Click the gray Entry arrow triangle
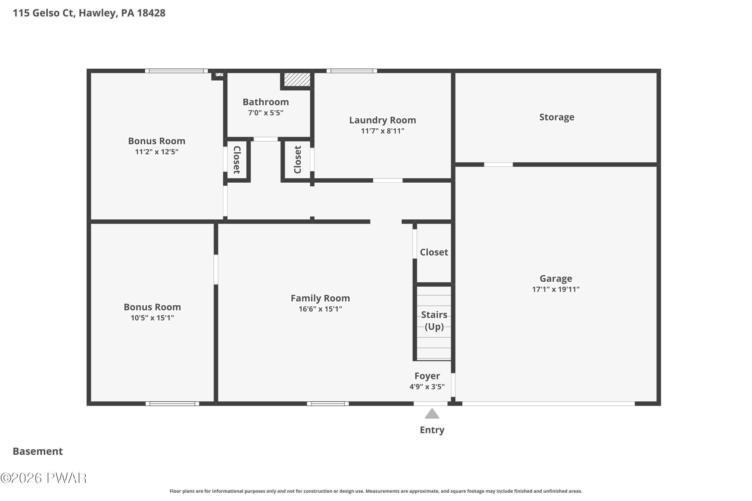pyautogui.click(x=432, y=414)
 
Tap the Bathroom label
pyautogui.click(x=266, y=102)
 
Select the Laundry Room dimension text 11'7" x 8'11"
pyautogui.click(x=383, y=131)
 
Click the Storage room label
pyautogui.click(x=557, y=117)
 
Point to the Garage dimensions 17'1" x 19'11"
pyautogui.click(x=556, y=289)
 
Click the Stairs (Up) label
pyautogui.click(x=434, y=320)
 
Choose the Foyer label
pyautogui.click(x=427, y=376)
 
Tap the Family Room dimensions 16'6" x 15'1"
pyautogui.click(x=320, y=309)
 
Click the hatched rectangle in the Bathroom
pyautogui.click(x=297, y=79)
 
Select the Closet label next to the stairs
pyautogui.click(x=434, y=252)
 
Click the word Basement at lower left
pyautogui.click(x=38, y=451)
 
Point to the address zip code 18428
pyautogui.click(x=151, y=13)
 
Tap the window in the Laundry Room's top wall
pyautogui.click(x=352, y=71)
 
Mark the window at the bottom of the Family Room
pyautogui.click(x=328, y=404)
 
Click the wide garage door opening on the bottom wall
pyautogui.click(x=548, y=404)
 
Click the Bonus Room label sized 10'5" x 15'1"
pyautogui.click(x=152, y=307)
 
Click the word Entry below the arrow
pyautogui.click(x=432, y=430)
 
